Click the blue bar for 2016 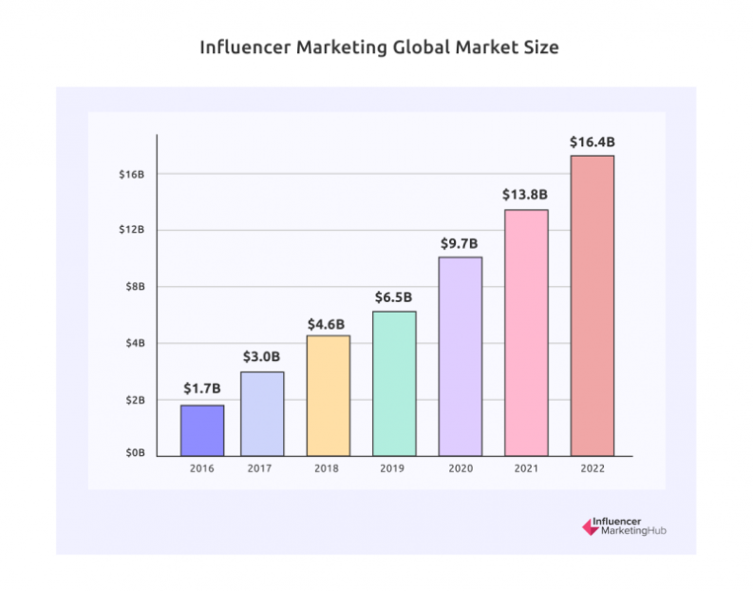click(x=202, y=430)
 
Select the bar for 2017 click(x=262, y=413)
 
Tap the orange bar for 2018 click(x=328, y=395)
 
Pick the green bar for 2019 click(x=393, y=383)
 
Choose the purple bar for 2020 click(x=460, y=356)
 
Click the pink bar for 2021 click(x=526, y=333)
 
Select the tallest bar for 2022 click(x=592, y=305)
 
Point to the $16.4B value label click(x=592, y=142)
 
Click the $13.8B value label click(x=525, y=195)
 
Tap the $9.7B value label click(x=460, y=243)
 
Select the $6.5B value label click(x=393, y=297)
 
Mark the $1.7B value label click(x=202, y=389)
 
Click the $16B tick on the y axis click(x=131, y=174)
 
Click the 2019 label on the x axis click(x=393, y=469)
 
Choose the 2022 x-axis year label click(x=592, y=469)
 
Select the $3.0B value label click(x=262, y=356)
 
